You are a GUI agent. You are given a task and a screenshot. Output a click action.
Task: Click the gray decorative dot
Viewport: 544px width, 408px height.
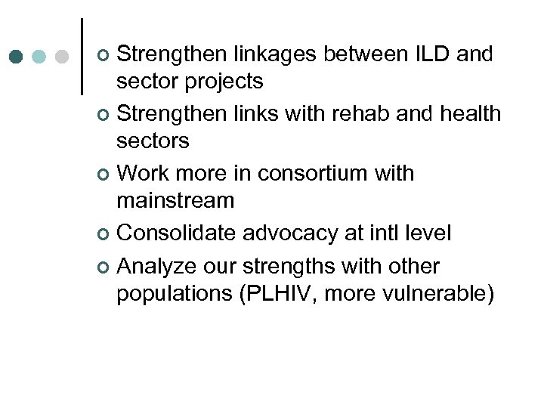click(x=63, y=57)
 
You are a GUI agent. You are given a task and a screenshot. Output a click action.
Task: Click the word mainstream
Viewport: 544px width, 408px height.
click(x=175, y=201)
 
